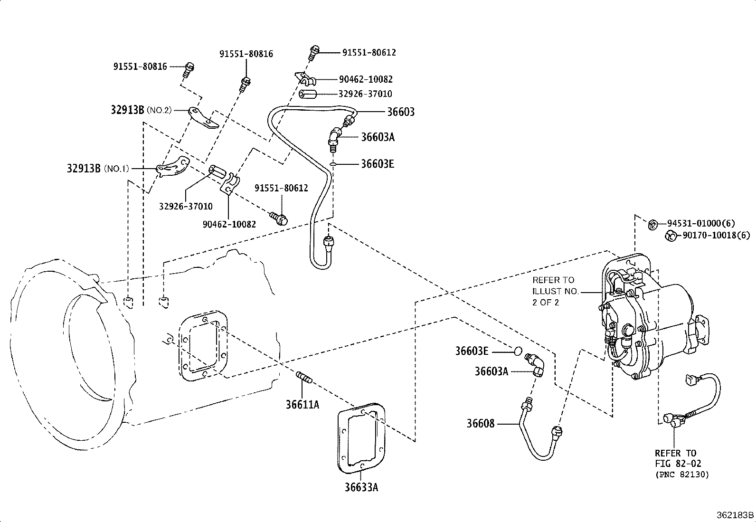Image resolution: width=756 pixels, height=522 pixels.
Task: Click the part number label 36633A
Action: (361, 487)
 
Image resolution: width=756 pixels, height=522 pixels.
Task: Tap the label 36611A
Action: (302, 404)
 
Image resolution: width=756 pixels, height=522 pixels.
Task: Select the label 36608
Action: (480, 423)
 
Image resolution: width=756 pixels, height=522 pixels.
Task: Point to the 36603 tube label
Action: (400, 112)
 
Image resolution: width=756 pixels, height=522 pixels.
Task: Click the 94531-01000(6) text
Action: (701, 223)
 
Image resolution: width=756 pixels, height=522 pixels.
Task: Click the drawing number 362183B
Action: (735, 515)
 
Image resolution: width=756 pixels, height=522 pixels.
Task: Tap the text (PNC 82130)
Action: (681, 474)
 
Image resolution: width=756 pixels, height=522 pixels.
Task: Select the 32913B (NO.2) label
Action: (141, 110)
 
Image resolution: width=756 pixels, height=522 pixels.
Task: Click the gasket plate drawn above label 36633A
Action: (361, 437)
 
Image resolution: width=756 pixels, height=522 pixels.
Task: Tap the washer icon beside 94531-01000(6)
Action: (653, 223)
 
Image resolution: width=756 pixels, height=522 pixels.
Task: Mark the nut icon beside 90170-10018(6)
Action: (670, 235)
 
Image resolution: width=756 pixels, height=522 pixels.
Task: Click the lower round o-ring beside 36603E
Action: (518, 351)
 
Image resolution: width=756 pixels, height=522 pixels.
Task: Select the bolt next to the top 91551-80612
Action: (314, 53)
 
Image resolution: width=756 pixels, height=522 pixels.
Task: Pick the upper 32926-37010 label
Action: (365, 94)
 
